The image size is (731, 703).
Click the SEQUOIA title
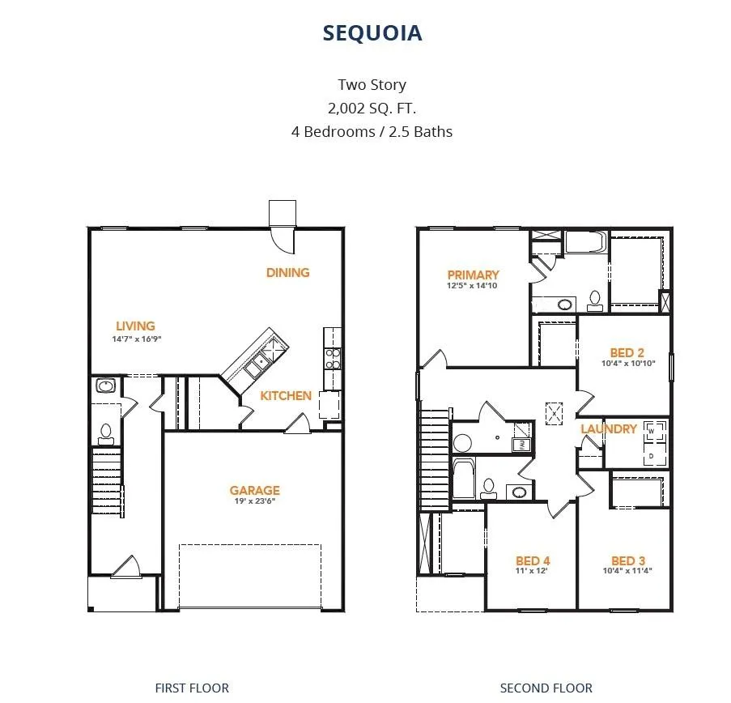click(372, 33)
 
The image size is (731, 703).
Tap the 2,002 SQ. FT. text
click(372, 109)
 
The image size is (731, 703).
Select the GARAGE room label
click(254, 490)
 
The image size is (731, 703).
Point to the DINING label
click(287, 272)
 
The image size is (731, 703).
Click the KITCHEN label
click(285, 395)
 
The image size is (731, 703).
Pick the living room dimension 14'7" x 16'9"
click(136, 339)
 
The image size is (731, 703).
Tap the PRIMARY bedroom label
click(473, 275)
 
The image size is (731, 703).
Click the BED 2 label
click(627, 352)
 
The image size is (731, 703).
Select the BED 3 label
click(628, 560)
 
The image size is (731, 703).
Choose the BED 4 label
click(533, 560)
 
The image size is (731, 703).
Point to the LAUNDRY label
click(609, 428)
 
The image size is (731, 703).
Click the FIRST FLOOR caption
click(192, 688)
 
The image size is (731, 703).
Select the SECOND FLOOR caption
click(546, 688)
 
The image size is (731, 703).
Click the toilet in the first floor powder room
click(106, 434)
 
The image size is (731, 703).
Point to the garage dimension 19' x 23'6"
click(254, 501)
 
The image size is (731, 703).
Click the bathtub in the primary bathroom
click(586, 243)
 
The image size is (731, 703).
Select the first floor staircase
click(107, 480)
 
